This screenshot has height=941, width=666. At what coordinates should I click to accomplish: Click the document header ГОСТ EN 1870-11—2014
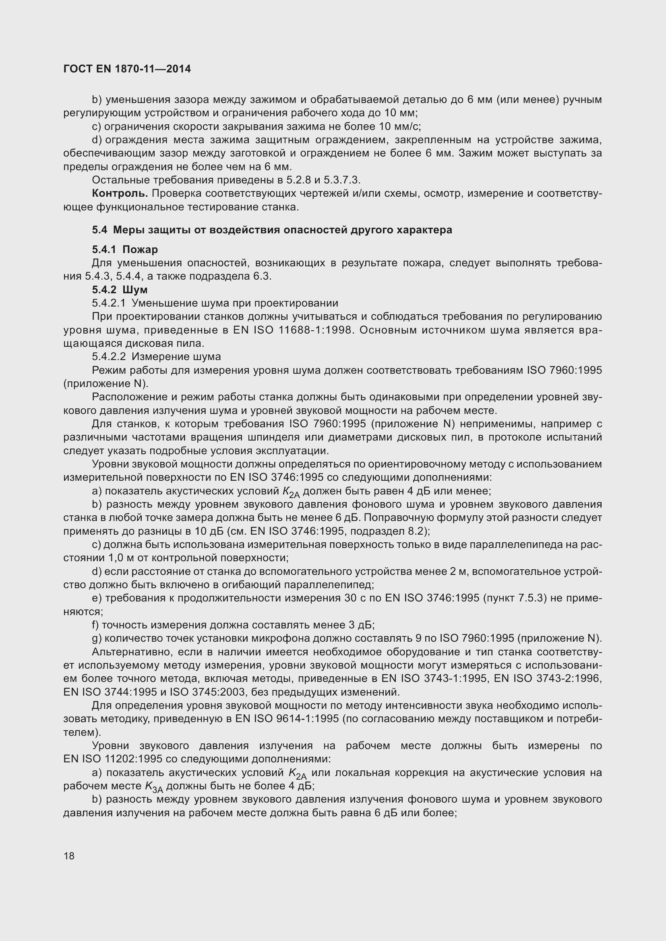coord(127,69)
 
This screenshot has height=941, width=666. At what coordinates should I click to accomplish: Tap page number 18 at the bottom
coord(69,856)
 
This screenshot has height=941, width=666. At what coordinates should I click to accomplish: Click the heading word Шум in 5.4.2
coord(135,290)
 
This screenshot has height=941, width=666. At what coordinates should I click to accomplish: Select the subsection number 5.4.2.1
coord(109,303)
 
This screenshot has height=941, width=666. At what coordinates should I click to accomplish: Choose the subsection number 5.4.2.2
coord(109,356)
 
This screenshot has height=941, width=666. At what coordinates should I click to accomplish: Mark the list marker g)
coord(96,638)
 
